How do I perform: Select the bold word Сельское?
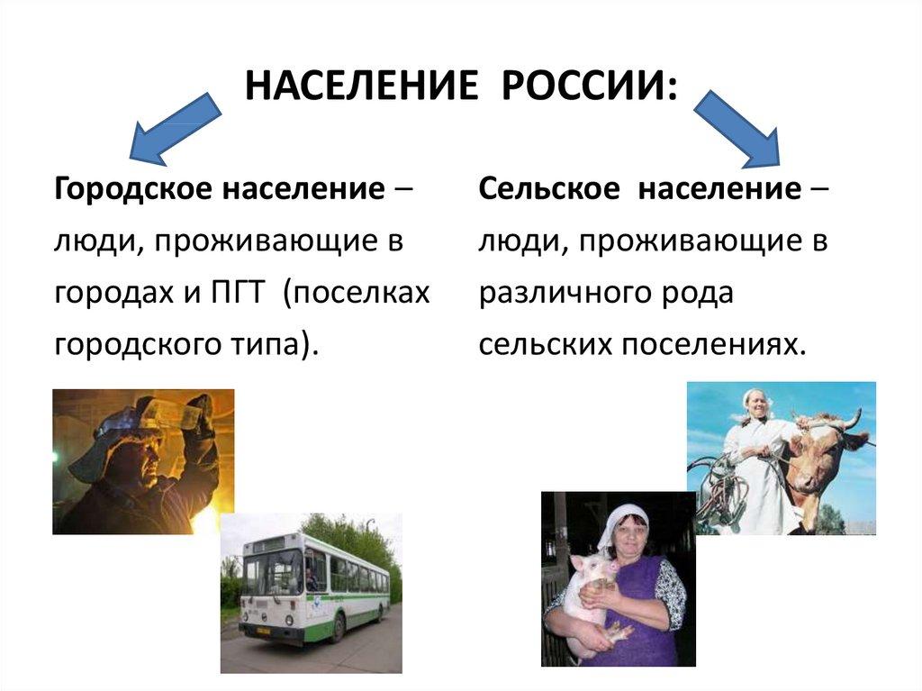[548, 191]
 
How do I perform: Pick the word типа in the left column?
[267, 344]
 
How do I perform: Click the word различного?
[565, 293]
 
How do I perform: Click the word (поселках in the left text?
[356, 293]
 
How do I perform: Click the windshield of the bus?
[271, 573]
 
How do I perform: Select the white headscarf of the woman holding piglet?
[621, 520]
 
